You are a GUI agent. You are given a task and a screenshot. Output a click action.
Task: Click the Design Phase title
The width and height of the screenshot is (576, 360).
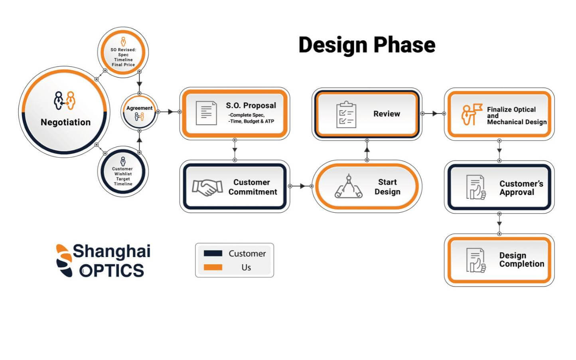pyautogui.click(x=367, y=45)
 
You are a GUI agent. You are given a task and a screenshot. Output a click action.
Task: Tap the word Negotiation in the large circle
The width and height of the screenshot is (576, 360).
pyautogui.click(x=65, y=122)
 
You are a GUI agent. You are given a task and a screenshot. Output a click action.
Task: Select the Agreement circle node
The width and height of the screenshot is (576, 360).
pyautogui.click(x=139, y=112)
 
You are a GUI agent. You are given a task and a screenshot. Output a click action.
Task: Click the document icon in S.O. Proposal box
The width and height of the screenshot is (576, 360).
pyautogui.click(x=206, y=113)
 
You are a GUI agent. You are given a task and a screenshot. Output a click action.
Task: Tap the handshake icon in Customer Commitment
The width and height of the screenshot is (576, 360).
pyautogui.click(x=207, y=188)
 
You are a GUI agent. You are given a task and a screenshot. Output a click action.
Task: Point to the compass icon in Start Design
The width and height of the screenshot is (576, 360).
pyautogui.click(x=348, y=186)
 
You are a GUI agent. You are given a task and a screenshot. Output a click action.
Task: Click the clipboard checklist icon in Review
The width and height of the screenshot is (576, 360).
pyautogui.click(x=346, y=115)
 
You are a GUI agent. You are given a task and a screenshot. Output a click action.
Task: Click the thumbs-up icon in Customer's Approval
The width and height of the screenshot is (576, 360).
pyautogui.click(x=476, y=187)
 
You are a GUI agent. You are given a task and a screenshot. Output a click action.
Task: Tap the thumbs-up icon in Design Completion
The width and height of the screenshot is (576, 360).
pyautogui.click(x=476, y=260)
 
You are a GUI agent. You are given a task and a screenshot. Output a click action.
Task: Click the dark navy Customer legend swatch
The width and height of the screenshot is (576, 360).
pyautogui.click(x=213, y=253)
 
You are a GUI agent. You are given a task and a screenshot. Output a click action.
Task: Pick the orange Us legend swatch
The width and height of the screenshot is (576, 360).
pyautogui.click(x=213, y=267)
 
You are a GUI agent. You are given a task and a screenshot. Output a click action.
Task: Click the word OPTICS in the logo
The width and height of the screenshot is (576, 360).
pyautogui.click(x=112, y=271)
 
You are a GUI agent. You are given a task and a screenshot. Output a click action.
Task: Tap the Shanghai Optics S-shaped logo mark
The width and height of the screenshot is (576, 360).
pyautogui.click(x=64, y=261)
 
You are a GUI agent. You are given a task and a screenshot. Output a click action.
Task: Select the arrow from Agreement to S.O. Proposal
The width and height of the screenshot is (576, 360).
pyautogui.click(x=169, y=112)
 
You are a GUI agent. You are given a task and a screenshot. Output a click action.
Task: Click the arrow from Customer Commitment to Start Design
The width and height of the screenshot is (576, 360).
pyautogui.click(x=301, y=186)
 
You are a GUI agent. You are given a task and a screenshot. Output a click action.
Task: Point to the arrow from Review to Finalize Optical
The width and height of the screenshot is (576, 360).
pyautogui.click(x=433, y=113)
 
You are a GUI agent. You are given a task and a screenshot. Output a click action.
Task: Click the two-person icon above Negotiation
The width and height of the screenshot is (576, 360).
pyautogui.click(x=65, y=101)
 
